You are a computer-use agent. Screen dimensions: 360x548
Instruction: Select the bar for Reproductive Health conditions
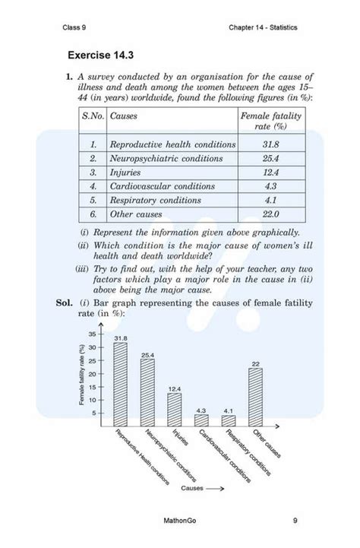[x=120, y=384]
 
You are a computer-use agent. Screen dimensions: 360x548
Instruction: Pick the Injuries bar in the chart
[x=175, y=410]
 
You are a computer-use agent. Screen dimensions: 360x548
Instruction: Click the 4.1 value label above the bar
[x=229, y=410]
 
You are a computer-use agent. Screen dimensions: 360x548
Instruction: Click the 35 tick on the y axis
[x=93, y=334]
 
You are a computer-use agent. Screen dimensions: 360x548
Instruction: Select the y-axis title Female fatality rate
[x=81, y=375]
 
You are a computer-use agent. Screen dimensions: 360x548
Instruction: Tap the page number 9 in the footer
[x=295, y=521]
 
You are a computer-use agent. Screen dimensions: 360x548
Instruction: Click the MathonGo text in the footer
[x=180, y=521]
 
